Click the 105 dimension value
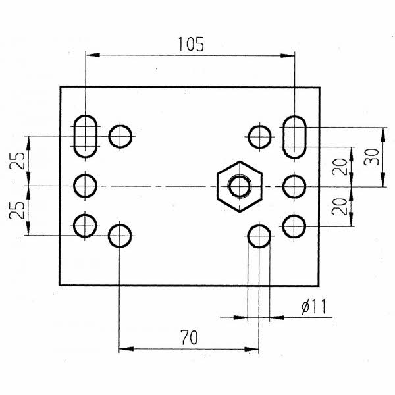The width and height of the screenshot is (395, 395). (191, 44)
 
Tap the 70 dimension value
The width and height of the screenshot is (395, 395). (190, 337)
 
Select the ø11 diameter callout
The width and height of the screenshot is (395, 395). (314, 306)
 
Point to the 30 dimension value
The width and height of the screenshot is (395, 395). (371, 157)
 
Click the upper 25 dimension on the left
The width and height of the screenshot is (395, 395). (17, 161)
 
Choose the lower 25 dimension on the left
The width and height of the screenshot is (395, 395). (17, 210)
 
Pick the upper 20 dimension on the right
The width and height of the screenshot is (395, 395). (340, 167)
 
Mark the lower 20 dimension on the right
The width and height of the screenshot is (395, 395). (340, 207)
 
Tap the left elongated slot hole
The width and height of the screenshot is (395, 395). (74, 136)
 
